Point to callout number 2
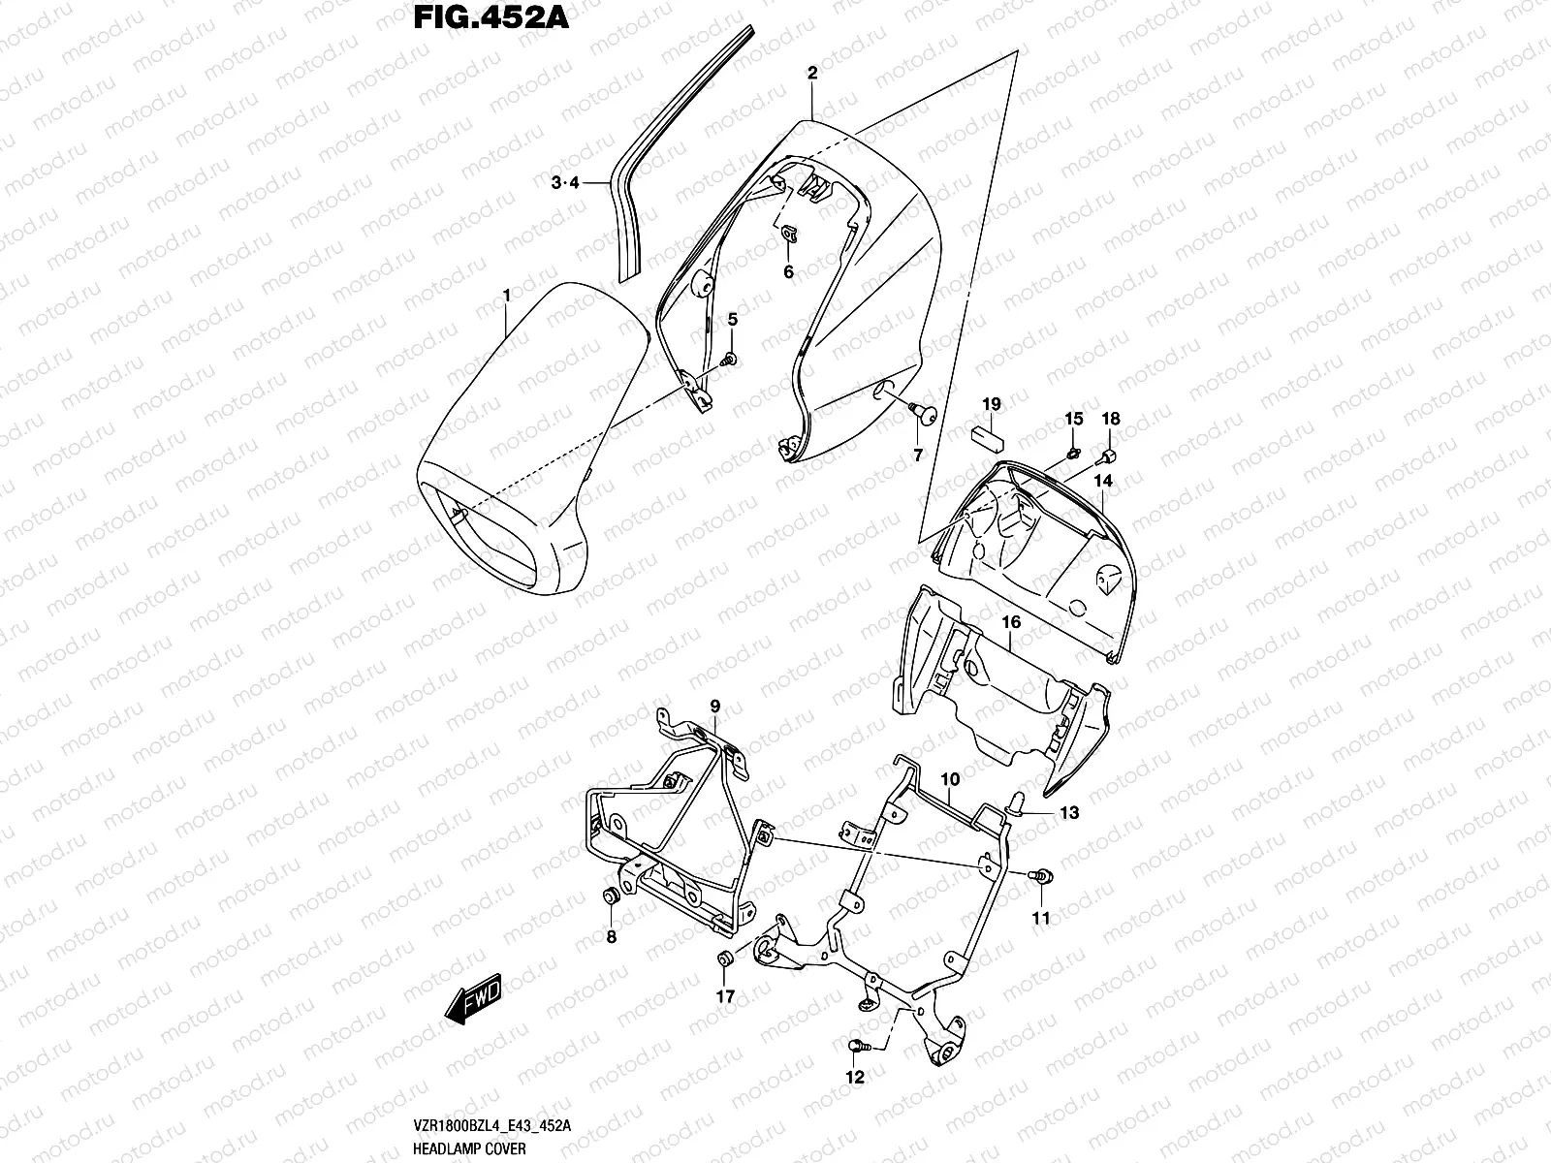click(812, 73)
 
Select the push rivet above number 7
click(921, 415)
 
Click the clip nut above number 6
click(788, 233)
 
